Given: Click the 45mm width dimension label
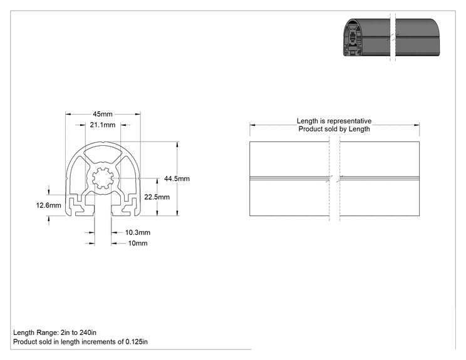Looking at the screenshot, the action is pyautogui.click(x=103, y=114).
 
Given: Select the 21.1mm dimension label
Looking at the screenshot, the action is pyautogui.click(x=103, y=125).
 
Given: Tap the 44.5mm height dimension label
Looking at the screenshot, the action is pyautogui.click(x=177, y=178).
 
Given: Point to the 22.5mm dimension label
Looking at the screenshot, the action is pyautogui.click(x=157, y=197).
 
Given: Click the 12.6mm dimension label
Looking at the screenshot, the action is pyautogui.click(x=48, y=205).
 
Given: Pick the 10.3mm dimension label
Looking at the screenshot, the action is pyautogui.click(x=138, y=232).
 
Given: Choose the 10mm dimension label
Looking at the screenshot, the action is pyautogui.click(x=138, y=244).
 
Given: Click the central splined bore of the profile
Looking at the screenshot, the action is pyautogui.click(x=103, y=178).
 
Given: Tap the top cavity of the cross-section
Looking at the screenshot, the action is pyautogui.click(x=103, y=155).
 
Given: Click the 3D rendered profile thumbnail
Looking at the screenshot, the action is pyautogui.click(x=391, y=38).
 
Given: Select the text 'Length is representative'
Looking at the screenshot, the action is pyautogui.click(x=334, y=121).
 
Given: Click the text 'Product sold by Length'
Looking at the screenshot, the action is pyautogui.click(x=334, y=129).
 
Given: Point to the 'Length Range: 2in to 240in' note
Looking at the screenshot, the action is pyautogui.click(x=54, y=332).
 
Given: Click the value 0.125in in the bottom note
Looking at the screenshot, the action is pyautogui.click(x=137, y=342).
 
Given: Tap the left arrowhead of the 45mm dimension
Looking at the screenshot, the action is pyautogui.click(x=68, y=114).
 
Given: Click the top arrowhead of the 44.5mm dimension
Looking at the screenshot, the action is pyautogui.click(x=177, y=145).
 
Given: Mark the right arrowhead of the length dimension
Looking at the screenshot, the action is pyautogui.click(x=417, y=125).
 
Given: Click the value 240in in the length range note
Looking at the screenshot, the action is pyautogui.click(x=88, y=332).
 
